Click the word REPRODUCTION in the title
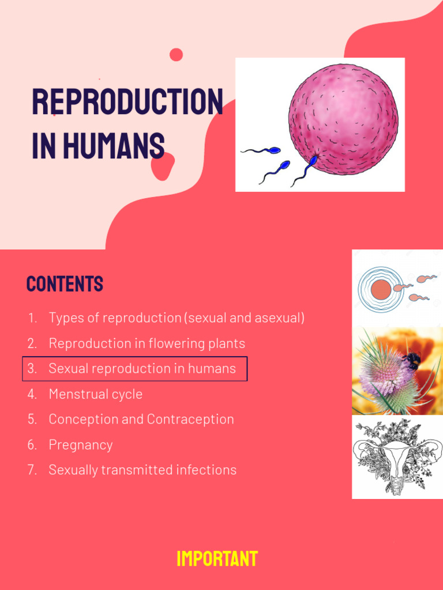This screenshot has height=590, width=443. (127, 102)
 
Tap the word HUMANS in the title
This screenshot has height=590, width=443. (114, 146)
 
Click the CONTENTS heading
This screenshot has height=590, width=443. (65, 284)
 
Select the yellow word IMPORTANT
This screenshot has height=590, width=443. (217, 559)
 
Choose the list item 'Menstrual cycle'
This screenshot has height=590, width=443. (95, 394)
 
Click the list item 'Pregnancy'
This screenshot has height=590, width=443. (80, 445)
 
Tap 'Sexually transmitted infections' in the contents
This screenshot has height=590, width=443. (142, 470)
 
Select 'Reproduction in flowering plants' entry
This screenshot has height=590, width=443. (147, 343)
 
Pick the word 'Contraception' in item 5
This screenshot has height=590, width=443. (190, 419)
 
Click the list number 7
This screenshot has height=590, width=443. (32, 470)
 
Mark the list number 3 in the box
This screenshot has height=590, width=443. (32, 369)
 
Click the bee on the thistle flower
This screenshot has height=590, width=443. (412, 361)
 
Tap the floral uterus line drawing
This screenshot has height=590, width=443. (397, 457)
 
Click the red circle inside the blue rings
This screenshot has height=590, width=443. (380, 289)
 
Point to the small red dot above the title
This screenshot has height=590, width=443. (176, 55)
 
